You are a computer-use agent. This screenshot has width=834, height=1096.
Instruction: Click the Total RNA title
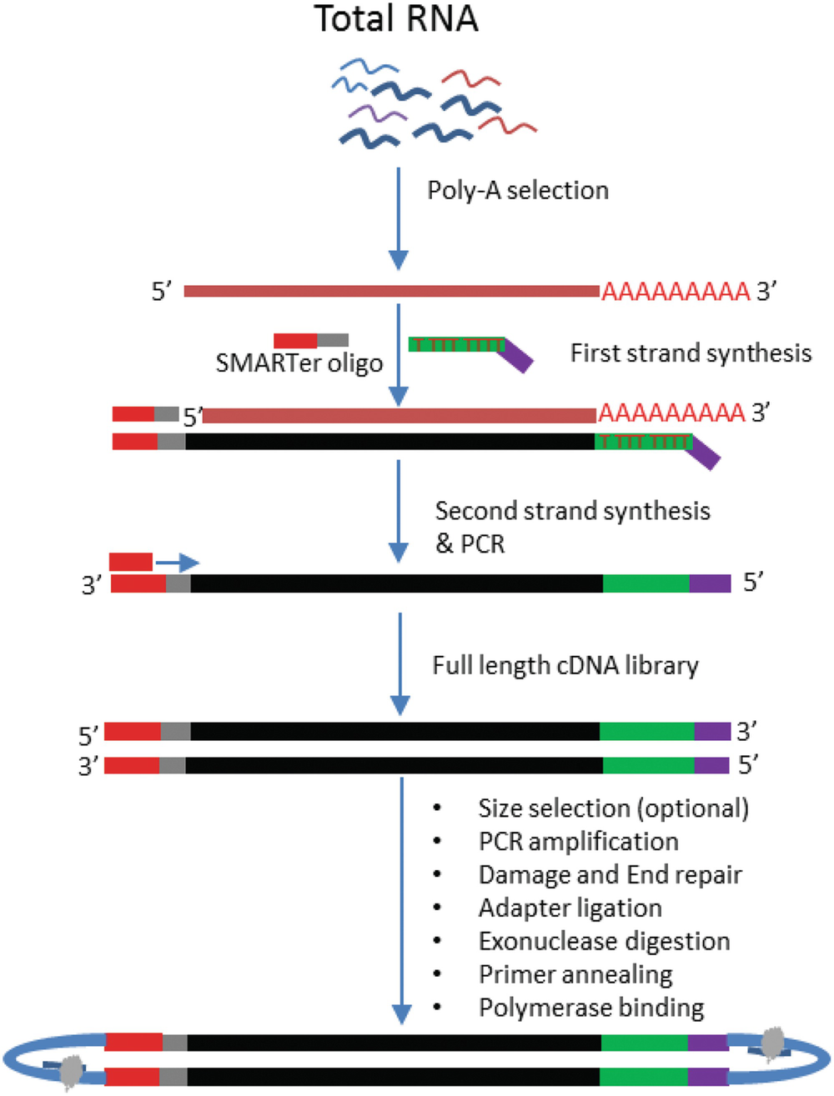click(396, 18)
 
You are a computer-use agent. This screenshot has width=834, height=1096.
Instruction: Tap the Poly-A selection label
click(518, 190)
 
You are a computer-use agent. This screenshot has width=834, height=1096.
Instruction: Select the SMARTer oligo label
click(299, 363)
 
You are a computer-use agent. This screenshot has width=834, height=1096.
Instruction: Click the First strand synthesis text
click(691, 353)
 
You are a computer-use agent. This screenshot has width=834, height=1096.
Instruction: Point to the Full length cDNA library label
click(565, 665)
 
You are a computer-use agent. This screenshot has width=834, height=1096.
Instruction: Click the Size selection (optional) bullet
click(613, 808)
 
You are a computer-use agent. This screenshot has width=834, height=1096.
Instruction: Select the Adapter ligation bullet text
click(570, 908)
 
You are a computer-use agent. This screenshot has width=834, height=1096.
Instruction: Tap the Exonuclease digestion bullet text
click(604, 941)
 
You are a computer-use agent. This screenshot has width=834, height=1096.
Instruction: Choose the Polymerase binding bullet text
click(591, 1008)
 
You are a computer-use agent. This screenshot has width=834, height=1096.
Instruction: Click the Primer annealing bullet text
click(575, 974)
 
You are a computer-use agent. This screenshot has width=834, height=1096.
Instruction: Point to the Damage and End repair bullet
click(610, 874)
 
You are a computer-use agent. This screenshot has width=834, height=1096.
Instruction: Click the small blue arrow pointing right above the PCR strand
click(178, 563)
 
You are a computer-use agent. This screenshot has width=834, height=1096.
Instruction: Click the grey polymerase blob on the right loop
click(775, 1040)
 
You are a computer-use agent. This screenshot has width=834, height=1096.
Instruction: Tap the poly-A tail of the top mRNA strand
click(676, 292)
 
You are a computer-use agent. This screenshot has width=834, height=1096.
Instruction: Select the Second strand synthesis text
click(572, 510)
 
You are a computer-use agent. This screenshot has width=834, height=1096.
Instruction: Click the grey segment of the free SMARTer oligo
click(333, 340)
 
